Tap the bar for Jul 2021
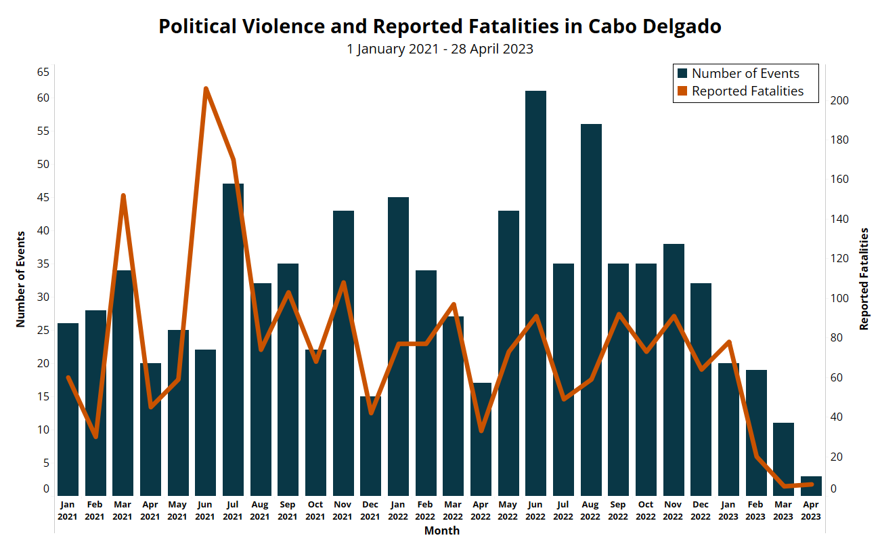coord(233,339)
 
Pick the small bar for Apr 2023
coord(811,486)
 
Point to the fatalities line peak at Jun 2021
coord(206,88)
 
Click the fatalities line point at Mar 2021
coord(123,195)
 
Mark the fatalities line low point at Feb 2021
coord(95,437)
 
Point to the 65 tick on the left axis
coord(43,71)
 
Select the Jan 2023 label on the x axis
coord(728,510)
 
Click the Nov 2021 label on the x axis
coord(343,510)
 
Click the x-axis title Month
coord(441,530)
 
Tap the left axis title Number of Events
coord(21,279)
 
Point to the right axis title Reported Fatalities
coord(864,279)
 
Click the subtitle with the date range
coord(440,49)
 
